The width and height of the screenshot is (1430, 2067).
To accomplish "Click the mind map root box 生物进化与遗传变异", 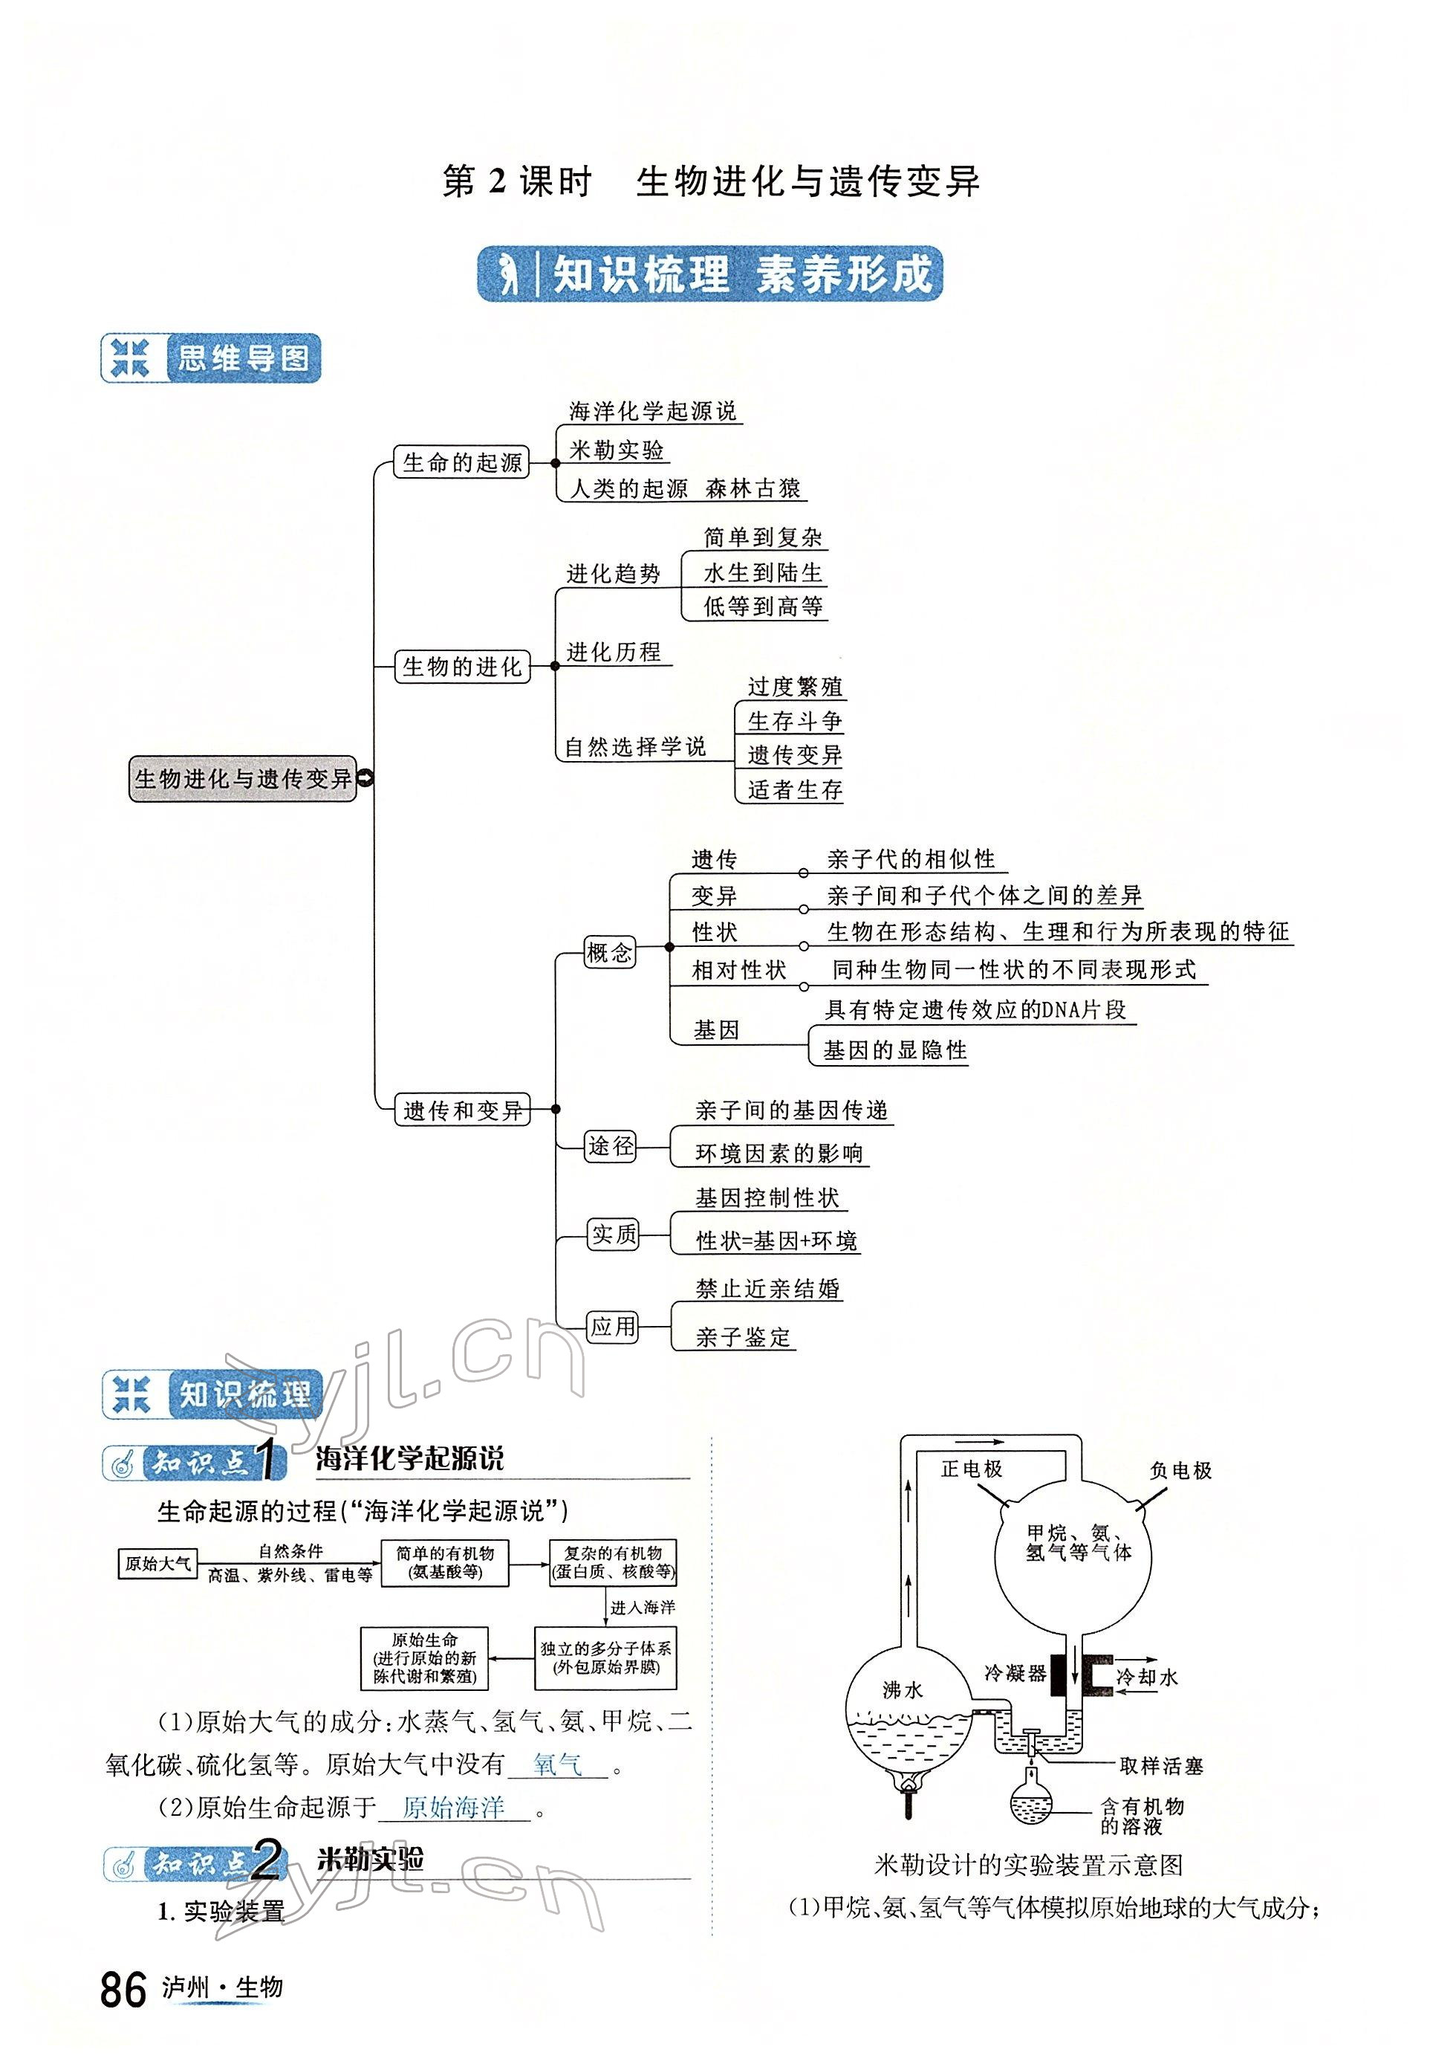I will click(x=243, y=778).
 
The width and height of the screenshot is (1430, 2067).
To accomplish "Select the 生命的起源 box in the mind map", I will click(x=461, y=462).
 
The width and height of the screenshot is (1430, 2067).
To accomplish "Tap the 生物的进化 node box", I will click(x=461, y=667).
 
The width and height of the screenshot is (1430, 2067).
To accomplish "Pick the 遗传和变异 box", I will click(x=462, y=1110).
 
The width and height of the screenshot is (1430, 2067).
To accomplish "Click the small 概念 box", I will click(x=609, y=952).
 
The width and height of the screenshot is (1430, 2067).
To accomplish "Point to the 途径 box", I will click(x=610, y=1146).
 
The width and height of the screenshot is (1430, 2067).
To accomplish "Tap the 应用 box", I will click(x=613, y=1327).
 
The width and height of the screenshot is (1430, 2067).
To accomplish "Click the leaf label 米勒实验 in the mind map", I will click(x=617, y=450).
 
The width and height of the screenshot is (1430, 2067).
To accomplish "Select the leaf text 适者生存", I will click(x=795, y=789).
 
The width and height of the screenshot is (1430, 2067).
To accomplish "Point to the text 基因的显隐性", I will click(x=895, y=1050).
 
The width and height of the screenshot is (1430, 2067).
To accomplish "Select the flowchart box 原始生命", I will click(x=425, y=1659).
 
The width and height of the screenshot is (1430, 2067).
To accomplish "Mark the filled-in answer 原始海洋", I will click(x=455, y=1807).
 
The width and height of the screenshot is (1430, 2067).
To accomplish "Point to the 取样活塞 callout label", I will click(x=1160, y=1766).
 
